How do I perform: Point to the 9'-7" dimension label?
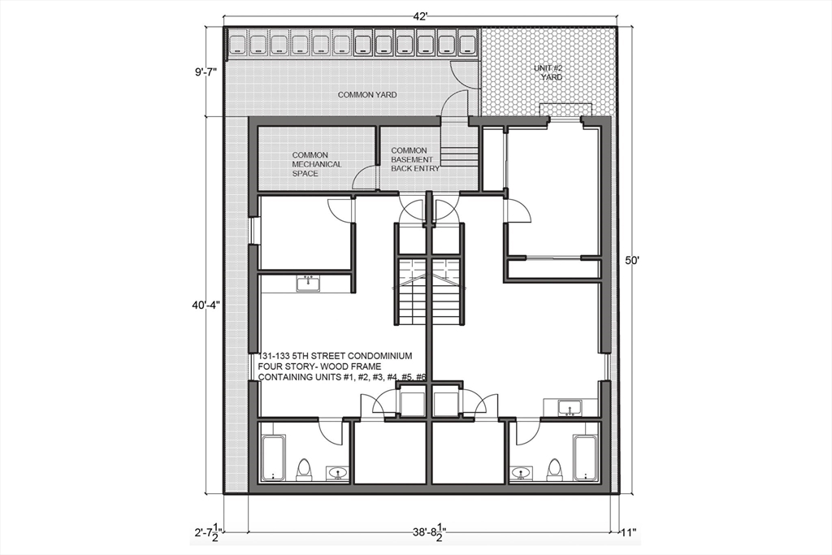206,72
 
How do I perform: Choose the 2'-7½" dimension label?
207,533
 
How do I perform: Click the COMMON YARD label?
367,95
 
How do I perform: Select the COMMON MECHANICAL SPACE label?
317,164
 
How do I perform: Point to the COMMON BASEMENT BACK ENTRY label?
415,160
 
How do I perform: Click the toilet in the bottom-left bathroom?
304,470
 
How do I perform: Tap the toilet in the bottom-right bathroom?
554,470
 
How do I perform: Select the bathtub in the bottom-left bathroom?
274,458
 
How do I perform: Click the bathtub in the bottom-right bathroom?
585,458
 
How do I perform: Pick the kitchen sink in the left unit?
308,284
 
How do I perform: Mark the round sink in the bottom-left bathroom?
336,472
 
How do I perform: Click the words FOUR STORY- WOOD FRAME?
318,366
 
